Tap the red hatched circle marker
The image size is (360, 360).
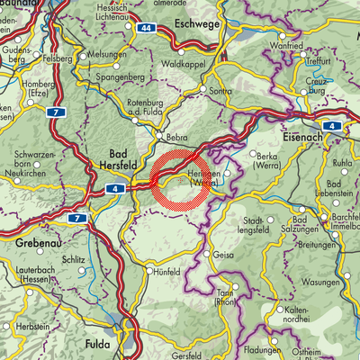(x=184, y=181)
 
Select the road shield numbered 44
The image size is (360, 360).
(x=146, y=29)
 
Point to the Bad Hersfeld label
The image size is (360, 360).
(x=111, y=159)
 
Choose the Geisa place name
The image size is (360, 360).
(x=222, y=255)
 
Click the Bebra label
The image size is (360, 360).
(x=177, y=138)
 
